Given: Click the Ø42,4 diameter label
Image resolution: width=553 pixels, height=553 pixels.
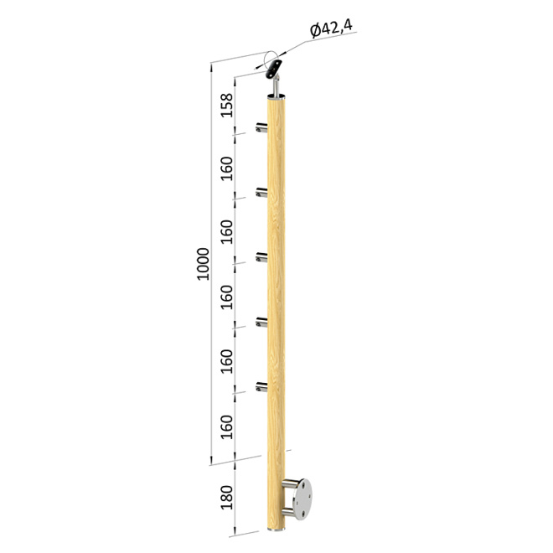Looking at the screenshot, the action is (331, 28).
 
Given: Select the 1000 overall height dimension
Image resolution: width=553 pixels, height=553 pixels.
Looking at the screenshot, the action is (203, 264).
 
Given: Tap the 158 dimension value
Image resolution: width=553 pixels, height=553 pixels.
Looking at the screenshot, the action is (227, 105).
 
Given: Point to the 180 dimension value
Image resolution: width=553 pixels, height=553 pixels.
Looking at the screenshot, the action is (227, 498).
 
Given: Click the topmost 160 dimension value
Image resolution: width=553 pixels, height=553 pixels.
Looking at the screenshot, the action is (227, 168).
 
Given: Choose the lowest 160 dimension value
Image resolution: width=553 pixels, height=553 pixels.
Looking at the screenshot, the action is (227, 427).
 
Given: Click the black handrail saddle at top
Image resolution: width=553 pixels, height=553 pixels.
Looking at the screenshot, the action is (274, 69).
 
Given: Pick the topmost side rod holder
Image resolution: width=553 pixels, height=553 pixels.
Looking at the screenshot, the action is (261, 127).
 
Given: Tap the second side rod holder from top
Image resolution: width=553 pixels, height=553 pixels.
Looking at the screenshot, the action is (261, 193).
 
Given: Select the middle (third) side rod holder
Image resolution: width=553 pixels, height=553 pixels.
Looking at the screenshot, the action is (261, 257).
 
